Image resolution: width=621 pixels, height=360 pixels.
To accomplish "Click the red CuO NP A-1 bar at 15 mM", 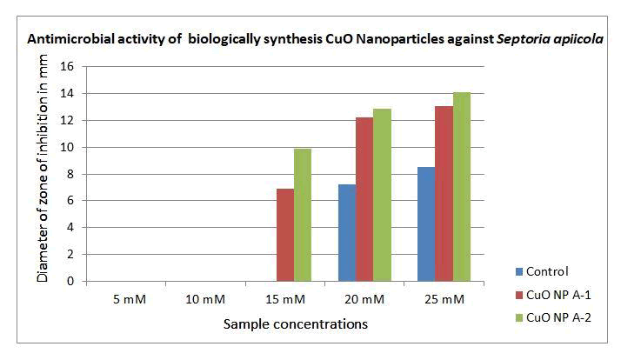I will coord(284,235).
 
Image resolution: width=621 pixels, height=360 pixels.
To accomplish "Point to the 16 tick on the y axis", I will coord(65,66).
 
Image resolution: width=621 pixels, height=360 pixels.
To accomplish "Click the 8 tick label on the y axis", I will coord(69,174).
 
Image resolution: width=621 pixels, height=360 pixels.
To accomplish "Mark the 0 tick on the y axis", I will coord(69,282).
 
